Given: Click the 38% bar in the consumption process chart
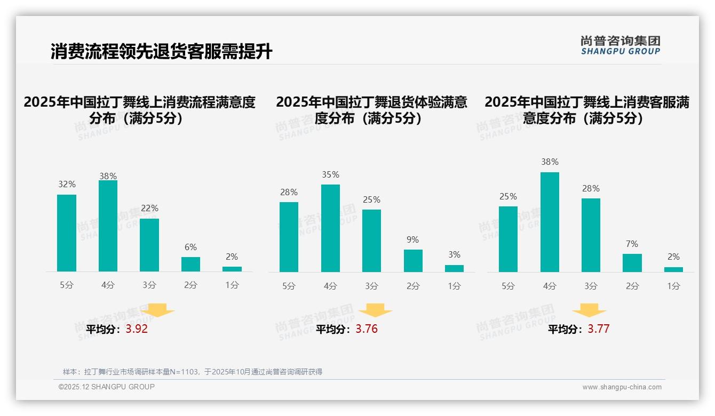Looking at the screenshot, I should pos(108,226).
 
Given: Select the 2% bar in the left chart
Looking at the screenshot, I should pos(232,269).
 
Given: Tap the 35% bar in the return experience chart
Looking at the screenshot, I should pos(330,228).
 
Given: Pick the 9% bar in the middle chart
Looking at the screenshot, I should pos(413,261).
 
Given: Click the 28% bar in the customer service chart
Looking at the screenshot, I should pos(591,235).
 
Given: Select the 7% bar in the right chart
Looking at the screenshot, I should pos(632,263).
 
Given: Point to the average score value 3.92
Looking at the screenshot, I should pos(137,329).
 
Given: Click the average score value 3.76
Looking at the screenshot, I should pos(367,329).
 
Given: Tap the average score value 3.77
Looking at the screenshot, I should pos(598,329).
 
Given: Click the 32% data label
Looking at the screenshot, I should pos(67,185).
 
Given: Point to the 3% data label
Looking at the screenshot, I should pos(454,255).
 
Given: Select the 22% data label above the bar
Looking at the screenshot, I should pos(149,209).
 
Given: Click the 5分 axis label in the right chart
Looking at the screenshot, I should pos(508,286).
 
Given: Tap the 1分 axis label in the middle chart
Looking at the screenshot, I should pos(454,286).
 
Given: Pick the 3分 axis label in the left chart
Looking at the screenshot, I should pos(149,285).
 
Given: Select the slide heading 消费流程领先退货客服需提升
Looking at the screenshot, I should pos(161,52).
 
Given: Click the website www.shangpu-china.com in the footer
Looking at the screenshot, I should pos(622,387).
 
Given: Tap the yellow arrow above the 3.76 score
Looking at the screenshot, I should pos(375,310).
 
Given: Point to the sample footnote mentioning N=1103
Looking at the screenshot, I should pos(192,372).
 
